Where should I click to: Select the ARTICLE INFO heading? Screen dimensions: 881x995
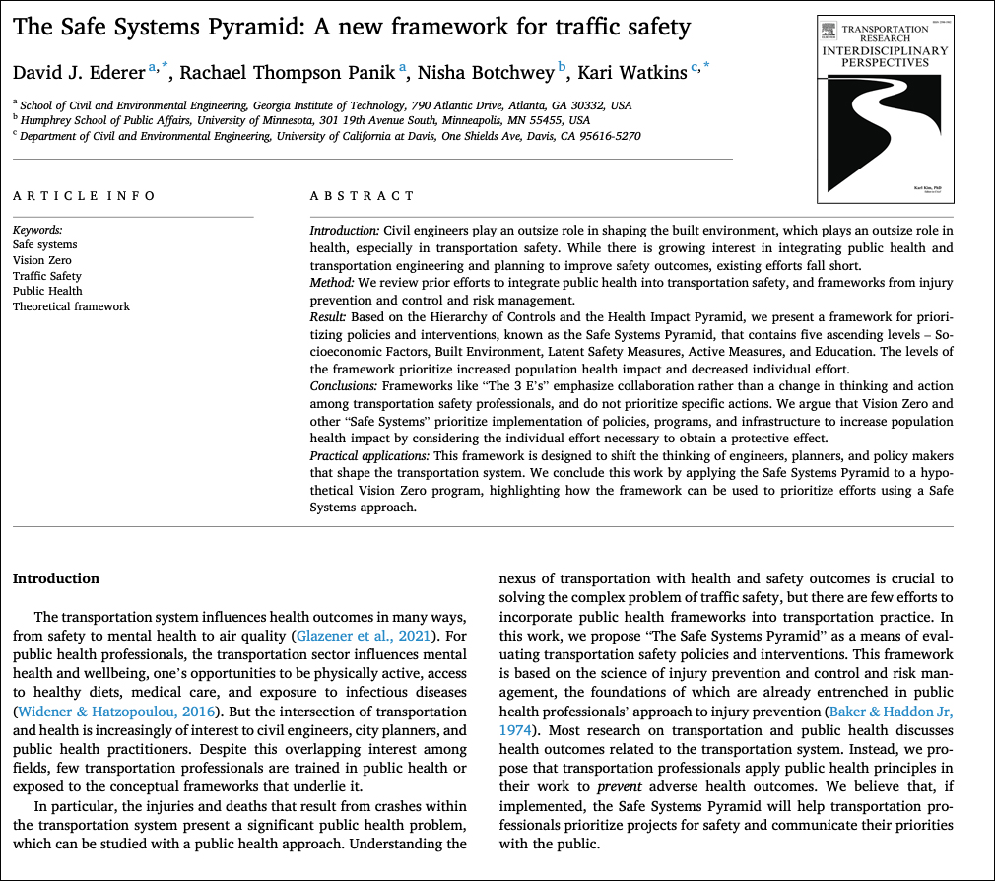click(84, 196)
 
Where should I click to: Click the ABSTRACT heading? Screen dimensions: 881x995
click(363, 196)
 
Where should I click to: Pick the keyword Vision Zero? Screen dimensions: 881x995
click(42, 260)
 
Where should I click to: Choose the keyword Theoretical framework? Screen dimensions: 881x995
click(71, 306)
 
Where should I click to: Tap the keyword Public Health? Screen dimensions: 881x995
click(47, 291)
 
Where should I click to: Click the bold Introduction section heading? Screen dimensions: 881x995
click(56, 578)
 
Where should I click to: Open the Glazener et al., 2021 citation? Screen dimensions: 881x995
click(361, 635)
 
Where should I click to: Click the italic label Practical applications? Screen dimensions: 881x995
click(369, 455)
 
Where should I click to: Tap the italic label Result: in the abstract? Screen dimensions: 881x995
click(328, 320)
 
